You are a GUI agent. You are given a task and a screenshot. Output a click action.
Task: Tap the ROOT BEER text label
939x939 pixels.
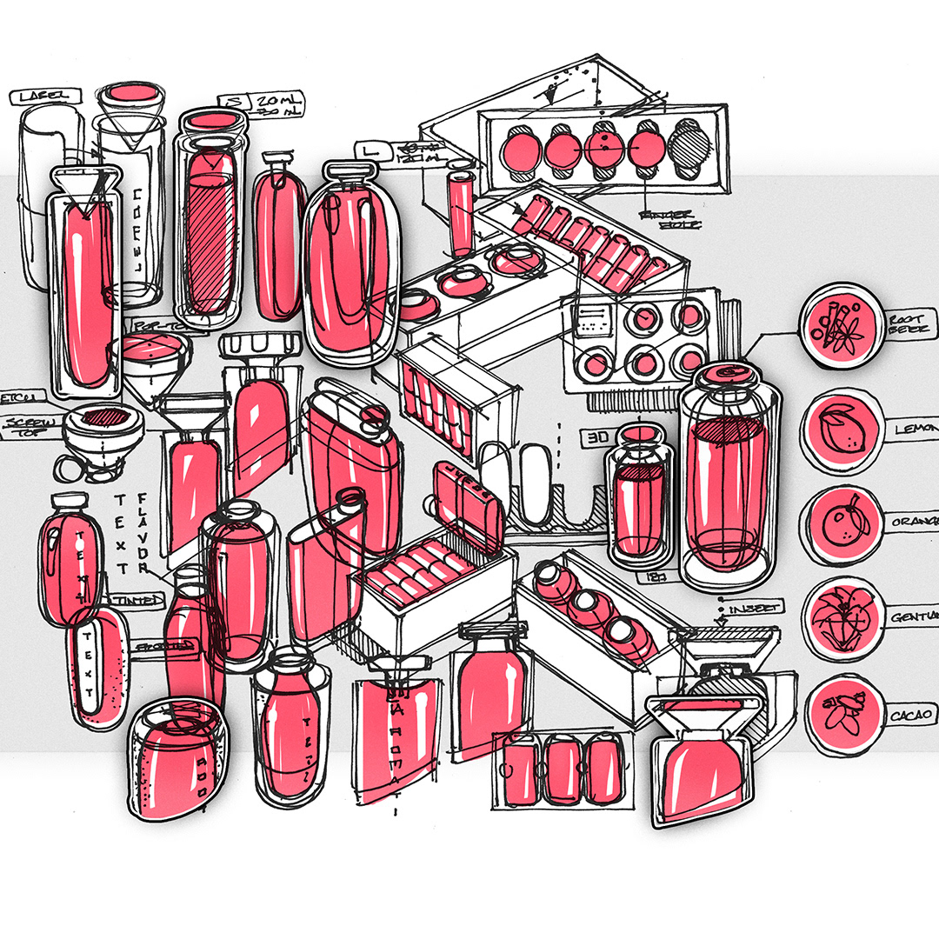pyautogui.click(x=909, y=324)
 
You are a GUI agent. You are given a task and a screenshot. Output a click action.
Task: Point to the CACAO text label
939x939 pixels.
pyautogui.click(x=909, y=715)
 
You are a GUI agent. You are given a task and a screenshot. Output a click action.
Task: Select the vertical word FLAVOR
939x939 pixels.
pyautogui.click(x=143, y=535)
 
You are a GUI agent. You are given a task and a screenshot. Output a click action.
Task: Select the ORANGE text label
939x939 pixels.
pyautogui.click(x=911, y=522)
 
